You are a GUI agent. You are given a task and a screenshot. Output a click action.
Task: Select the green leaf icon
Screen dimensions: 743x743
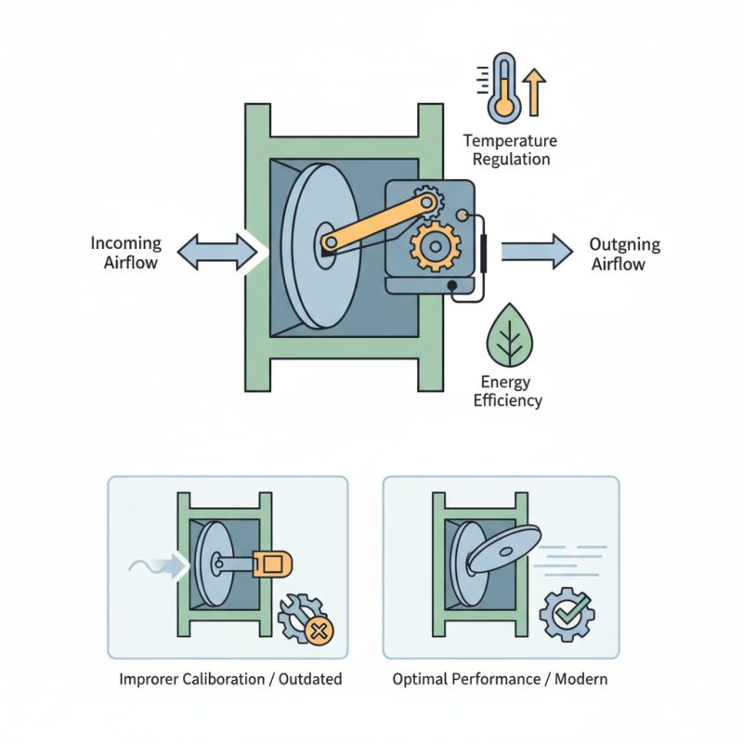coord(510,335)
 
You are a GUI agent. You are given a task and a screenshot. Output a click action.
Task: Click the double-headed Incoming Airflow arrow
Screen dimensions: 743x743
coord(216,252)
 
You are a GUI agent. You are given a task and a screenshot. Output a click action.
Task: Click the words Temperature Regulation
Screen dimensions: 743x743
coord(510,150)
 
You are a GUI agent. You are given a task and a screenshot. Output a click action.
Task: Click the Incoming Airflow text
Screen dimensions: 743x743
coord(125,253)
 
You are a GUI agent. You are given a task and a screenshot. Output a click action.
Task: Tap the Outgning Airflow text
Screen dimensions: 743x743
coord(624,254)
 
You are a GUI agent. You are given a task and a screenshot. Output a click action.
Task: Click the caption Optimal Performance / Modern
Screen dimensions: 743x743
coord(500,679)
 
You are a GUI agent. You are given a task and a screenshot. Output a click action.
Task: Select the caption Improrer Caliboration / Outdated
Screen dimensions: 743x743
coord(230,679)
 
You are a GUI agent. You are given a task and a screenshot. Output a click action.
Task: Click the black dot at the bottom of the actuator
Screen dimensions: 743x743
coord(452,284)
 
